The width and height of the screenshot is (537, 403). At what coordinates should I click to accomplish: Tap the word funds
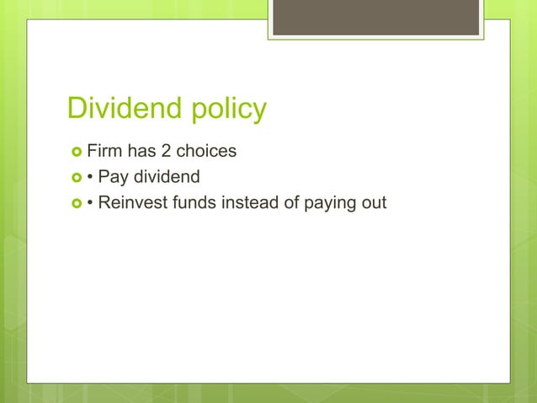194,202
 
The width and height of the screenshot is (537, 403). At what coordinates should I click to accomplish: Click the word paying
332,203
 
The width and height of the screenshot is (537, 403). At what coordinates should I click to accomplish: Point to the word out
374,202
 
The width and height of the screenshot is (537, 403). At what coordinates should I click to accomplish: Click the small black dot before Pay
90,178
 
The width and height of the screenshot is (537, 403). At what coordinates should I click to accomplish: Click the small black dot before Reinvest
90,203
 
